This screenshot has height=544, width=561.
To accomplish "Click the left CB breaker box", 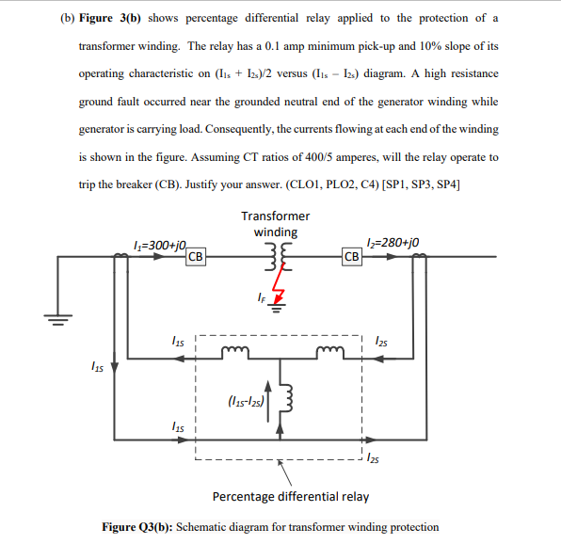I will tap(196, 256).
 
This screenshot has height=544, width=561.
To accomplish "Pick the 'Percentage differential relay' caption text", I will tap(291, 496).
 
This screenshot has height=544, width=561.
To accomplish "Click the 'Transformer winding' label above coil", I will tap(276, 224).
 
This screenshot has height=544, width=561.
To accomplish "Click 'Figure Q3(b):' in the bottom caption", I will tap(139, 527).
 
